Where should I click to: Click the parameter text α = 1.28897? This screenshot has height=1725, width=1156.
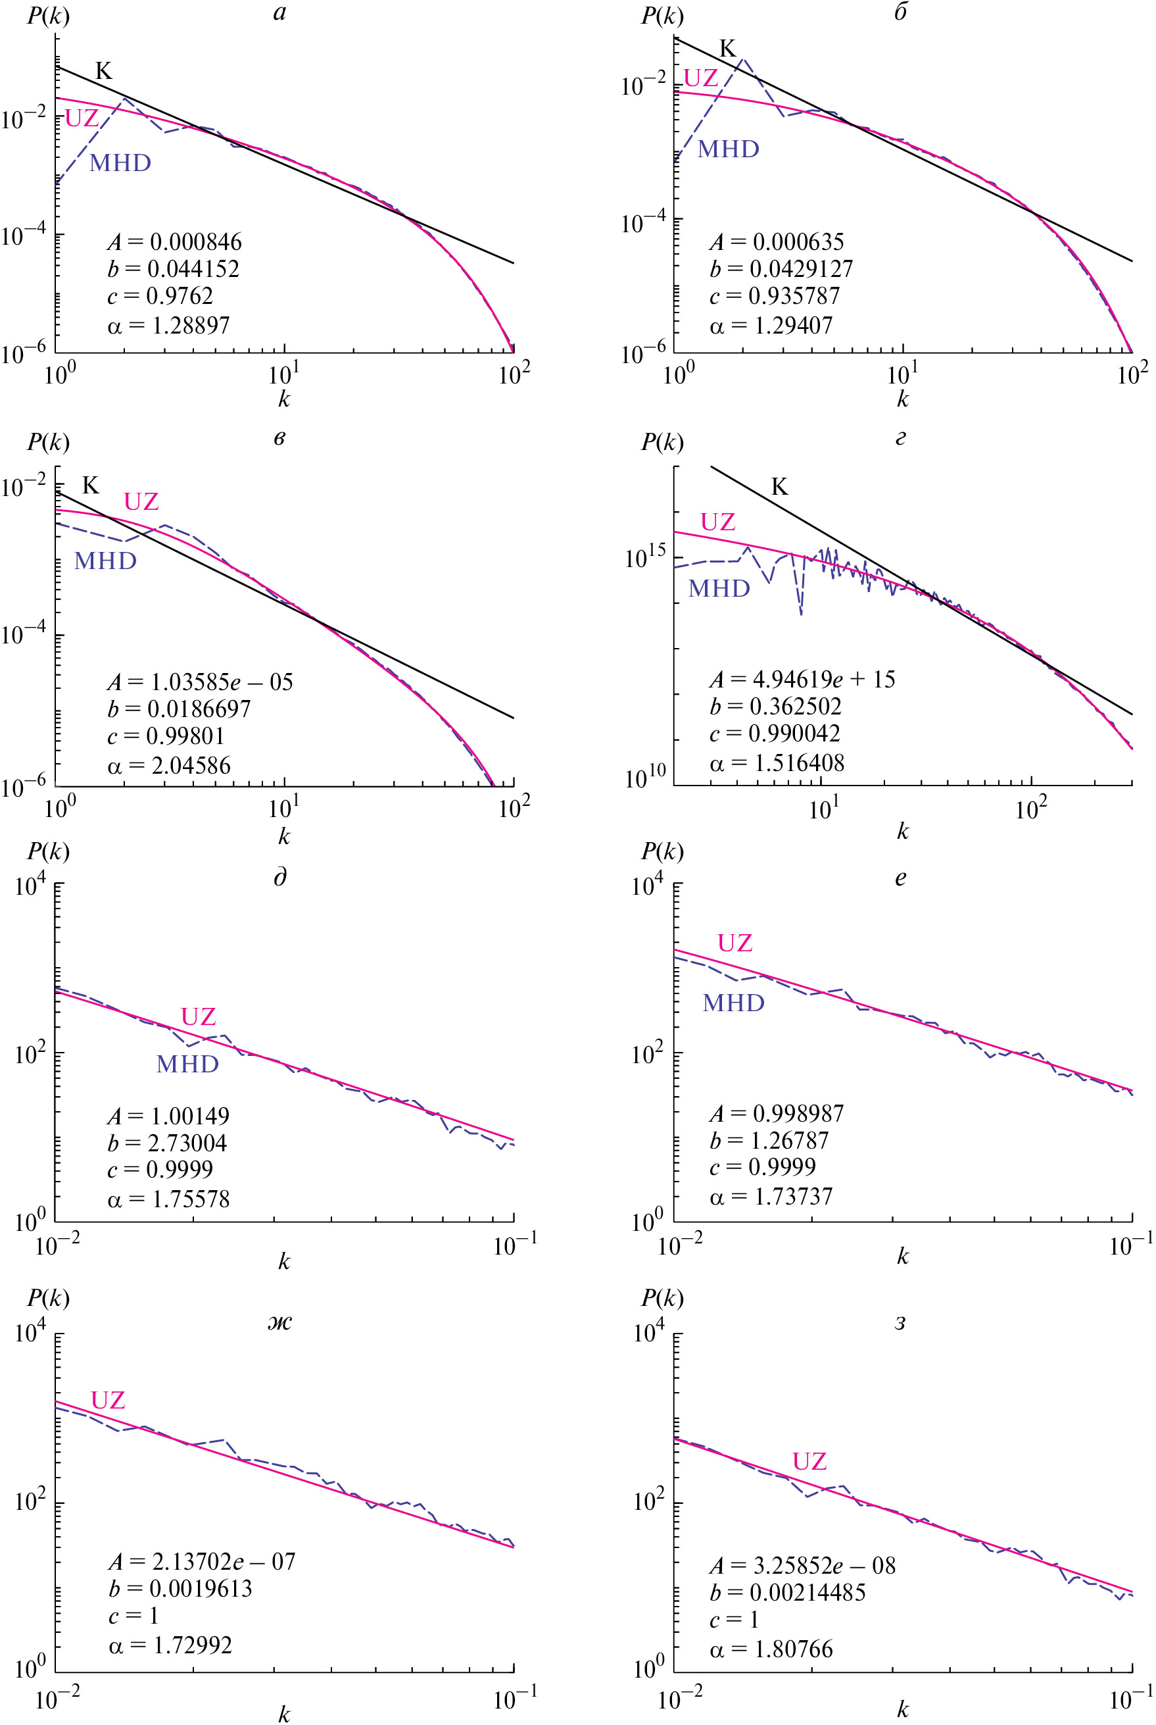pyautogui.click(x=169, y=325)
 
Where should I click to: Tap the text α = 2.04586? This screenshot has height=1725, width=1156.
pyautogui.click(x=169, y=766)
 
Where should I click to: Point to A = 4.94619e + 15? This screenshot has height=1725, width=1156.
pyautogui.click(x=802, y=679)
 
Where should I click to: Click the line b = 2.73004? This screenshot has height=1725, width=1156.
pyautogui.click(x=168, y=1143)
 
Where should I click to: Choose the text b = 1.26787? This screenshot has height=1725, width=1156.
pyautogui.click(x=769, y=1141)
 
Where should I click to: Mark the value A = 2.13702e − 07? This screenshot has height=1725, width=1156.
pyautogui.click(x=201, y=1561)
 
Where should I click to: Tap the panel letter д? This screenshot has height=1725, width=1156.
pyautogui.click(x=280, y=877)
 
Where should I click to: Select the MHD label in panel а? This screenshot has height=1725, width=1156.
pyautogui.click(x=120, y=163)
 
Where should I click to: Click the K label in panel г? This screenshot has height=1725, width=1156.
pyautogui.click(x=779, y=487)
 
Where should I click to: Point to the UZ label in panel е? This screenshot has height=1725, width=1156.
pyautogui.click(x=735, y=943)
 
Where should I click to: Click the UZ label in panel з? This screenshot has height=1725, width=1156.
pyautogui.click(x=809, y=1461)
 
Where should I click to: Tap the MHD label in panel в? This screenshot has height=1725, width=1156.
pyautogui.click(x=105, y=561)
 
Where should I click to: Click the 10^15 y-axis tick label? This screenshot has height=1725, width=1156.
pyautogui.click(x=645, y=557)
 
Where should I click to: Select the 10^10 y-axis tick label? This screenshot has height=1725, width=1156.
pyautogui.click(x=645, y=776)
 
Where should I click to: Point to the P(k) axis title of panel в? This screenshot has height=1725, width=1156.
pyautogui.click(x=49, y=441)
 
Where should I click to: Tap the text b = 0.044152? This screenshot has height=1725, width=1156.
pyautogui.click(x=173, y=268)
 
